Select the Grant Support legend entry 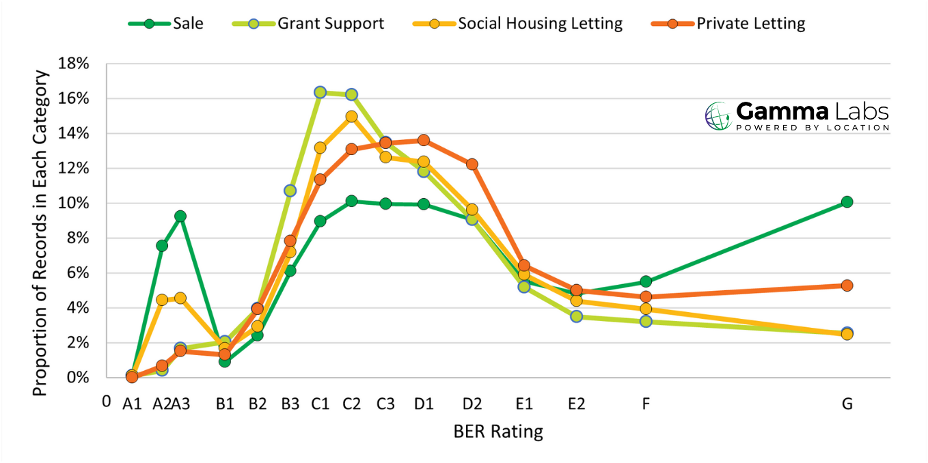pos(314,23)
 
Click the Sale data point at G pos(847,201)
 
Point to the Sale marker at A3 pos(180,216)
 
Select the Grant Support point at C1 pos(320,92)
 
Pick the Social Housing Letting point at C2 pos(351,117)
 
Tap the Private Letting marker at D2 pos(472,164)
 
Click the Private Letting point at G pos(847,285)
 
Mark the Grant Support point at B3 pos(290,191)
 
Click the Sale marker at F pos(646,281)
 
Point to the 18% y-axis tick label pos(74,64)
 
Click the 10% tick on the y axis pos(74,204)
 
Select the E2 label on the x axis pos(576,404)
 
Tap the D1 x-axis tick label pos(424,404)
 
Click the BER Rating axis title pos(497,432)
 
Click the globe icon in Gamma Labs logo pos(718,116)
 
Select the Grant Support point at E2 pos(576,316)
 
